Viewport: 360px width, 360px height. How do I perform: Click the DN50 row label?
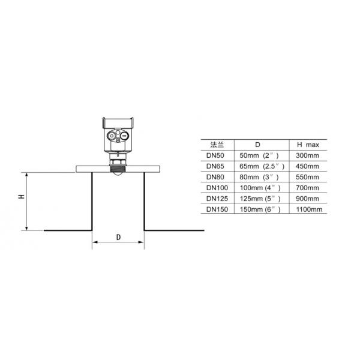tap(215, 155)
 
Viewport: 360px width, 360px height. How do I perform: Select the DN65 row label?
tap(215, 166)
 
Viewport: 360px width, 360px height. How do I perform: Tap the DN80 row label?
tap(215, 177)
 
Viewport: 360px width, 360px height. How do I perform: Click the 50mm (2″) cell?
tap(259, 155)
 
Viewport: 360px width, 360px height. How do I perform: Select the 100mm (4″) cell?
tap(259, 188)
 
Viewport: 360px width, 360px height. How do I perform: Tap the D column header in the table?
tap(257, 145)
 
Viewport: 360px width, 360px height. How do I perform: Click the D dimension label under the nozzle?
tap(118, 237)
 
